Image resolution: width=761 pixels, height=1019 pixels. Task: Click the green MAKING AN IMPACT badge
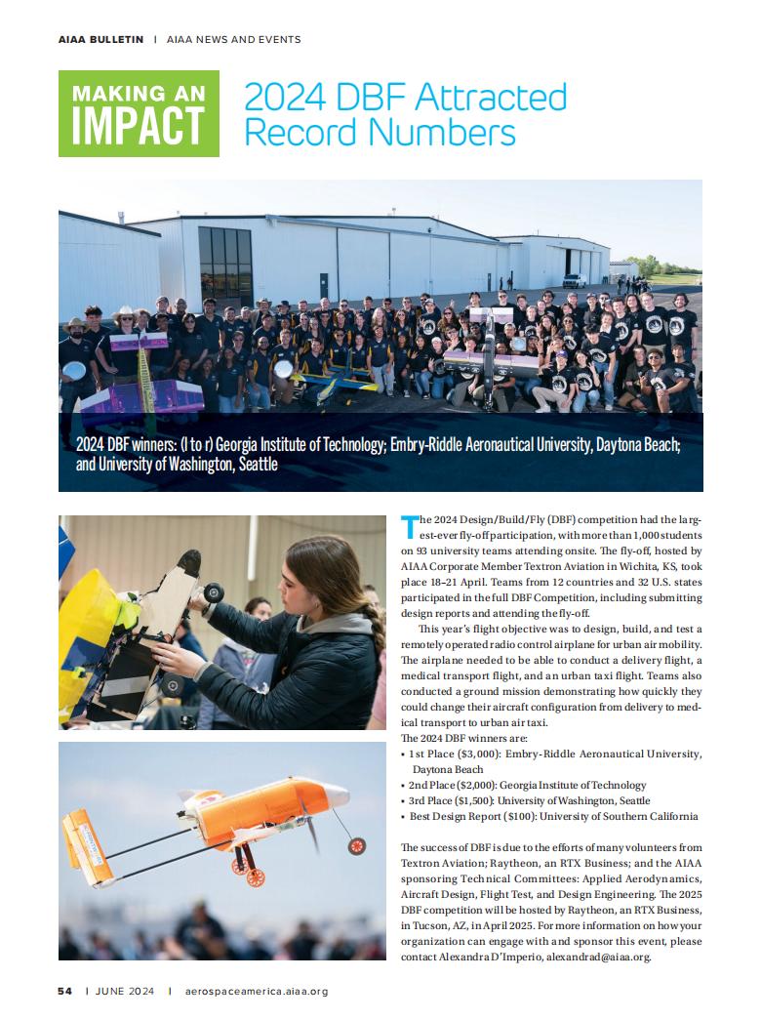tap(139, 113)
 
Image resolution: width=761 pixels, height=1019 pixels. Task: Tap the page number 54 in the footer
tap(64, 991)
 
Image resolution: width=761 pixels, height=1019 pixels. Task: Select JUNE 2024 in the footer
tap(127, 991)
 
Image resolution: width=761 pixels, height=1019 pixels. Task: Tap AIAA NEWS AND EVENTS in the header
tap(233, 40)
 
